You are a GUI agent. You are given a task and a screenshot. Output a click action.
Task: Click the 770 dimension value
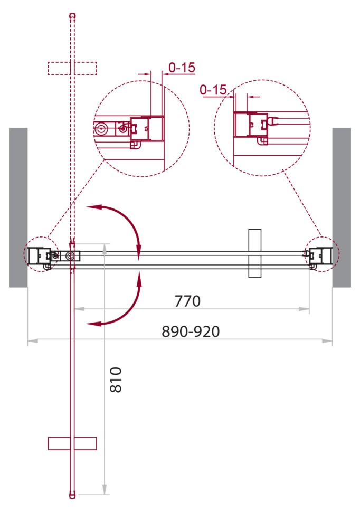click(188, 301)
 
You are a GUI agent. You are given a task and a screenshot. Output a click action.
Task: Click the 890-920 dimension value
click(191, 331)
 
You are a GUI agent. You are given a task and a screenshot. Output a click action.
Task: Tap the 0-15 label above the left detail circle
click(182, 67)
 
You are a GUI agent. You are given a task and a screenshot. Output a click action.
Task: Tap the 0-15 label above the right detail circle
click(213, 90)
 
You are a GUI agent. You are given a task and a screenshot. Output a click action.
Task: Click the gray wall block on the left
click(18, 207)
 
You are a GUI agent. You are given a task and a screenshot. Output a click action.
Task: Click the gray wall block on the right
click(341, 207)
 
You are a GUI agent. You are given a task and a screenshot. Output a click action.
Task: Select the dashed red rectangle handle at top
click(72, 69)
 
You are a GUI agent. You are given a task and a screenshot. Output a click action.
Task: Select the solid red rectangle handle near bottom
click(72, 443)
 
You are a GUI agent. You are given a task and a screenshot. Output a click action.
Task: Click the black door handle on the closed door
click(255, 253)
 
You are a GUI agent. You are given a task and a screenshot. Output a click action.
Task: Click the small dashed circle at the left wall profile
click(40, 254)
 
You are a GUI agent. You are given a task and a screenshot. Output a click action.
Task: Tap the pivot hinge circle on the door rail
click(71, 256)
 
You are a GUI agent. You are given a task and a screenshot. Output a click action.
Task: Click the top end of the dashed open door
click(72, 16)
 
